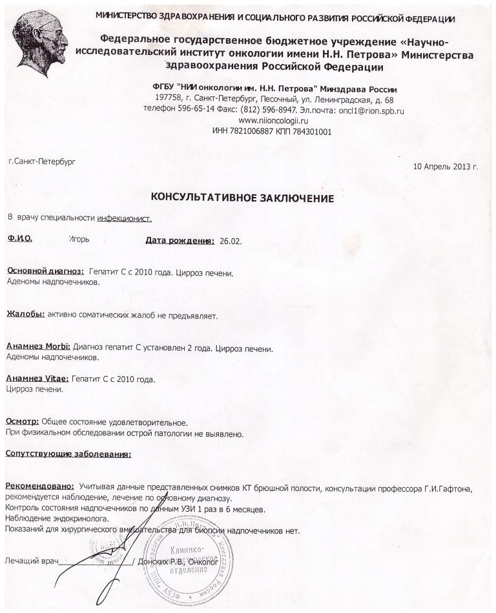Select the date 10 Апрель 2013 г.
445,166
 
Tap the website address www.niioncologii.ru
273,121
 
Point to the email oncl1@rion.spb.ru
367,110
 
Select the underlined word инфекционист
124,218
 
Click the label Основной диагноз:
45,272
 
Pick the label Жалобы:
25,315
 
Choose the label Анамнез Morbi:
38,348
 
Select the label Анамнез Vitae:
37,379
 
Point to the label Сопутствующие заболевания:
68,454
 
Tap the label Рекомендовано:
39,486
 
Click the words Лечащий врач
32,561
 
